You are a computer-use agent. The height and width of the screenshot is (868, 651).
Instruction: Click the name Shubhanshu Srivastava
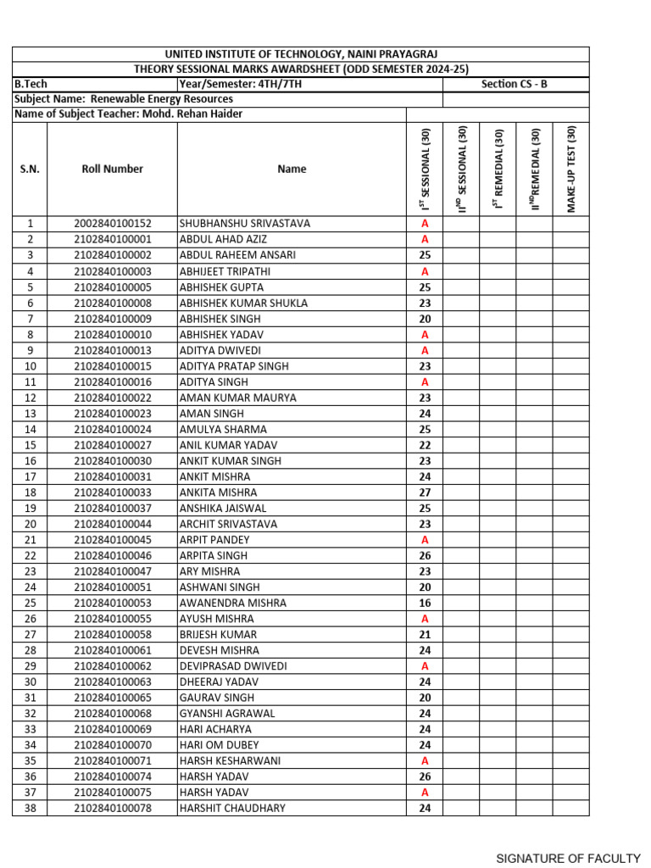pyautogui.click(x=245, y=224)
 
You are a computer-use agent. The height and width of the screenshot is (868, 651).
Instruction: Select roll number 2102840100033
pyautogui.click(x=113, y=492)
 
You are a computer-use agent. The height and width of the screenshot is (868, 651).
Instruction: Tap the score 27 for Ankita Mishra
pyautogui.click(x=425, y=492)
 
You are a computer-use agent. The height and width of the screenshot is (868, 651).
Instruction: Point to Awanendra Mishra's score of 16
pyautogui.click(x=425, y=603)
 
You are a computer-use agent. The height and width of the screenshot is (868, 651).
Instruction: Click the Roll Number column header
pyautogui.click(x=113, y=169)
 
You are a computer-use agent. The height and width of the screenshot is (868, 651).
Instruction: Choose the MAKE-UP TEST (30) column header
pyautogui.click(x=571, y=169)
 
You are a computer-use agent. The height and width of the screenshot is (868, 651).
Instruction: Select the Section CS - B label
pyautogui.click(x=514, y=84)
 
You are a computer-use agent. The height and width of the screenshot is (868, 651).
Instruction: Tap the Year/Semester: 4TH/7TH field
pyautogui.click(x=241, y=84)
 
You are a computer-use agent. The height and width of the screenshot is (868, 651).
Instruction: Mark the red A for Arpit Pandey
pyautogui.click(x=425, y=540)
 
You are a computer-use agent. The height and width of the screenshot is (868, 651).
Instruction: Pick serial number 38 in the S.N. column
pyautogui.click(x=30, y=808)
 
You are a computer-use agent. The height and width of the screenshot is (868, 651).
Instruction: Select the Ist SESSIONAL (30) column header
pyautogui.click(x=426, y=169)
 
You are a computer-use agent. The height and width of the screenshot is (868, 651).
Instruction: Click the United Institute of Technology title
pyautogui.click(x=301, y=54)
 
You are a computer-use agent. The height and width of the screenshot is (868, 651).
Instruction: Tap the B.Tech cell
pyautogui.click(x=31, y=84)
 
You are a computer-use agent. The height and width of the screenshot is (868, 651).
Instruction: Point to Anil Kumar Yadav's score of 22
pyautogui.click(x=425, y=445)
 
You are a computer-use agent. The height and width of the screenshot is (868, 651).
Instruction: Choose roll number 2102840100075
pyautogui.click(x=113, y=793)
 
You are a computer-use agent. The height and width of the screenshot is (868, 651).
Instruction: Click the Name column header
pyautogui.click(x=292, y=169)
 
